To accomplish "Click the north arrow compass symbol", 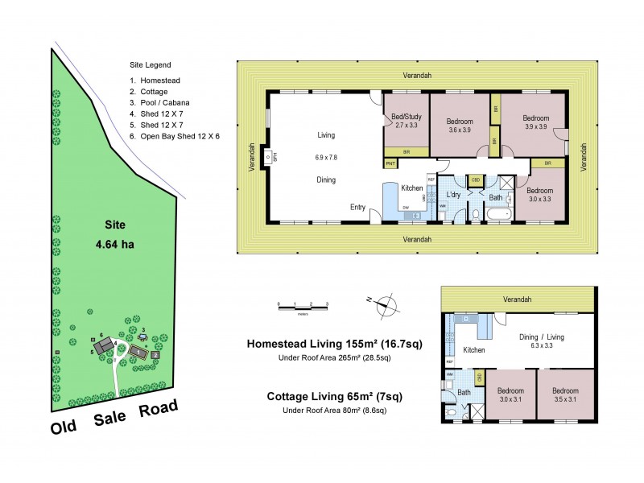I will [387, 303].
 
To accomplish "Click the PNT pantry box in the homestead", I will [391, 163].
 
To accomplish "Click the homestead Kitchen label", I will [412, 188].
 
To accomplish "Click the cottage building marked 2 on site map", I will [155, 354].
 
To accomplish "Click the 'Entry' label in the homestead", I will [358, 207].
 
